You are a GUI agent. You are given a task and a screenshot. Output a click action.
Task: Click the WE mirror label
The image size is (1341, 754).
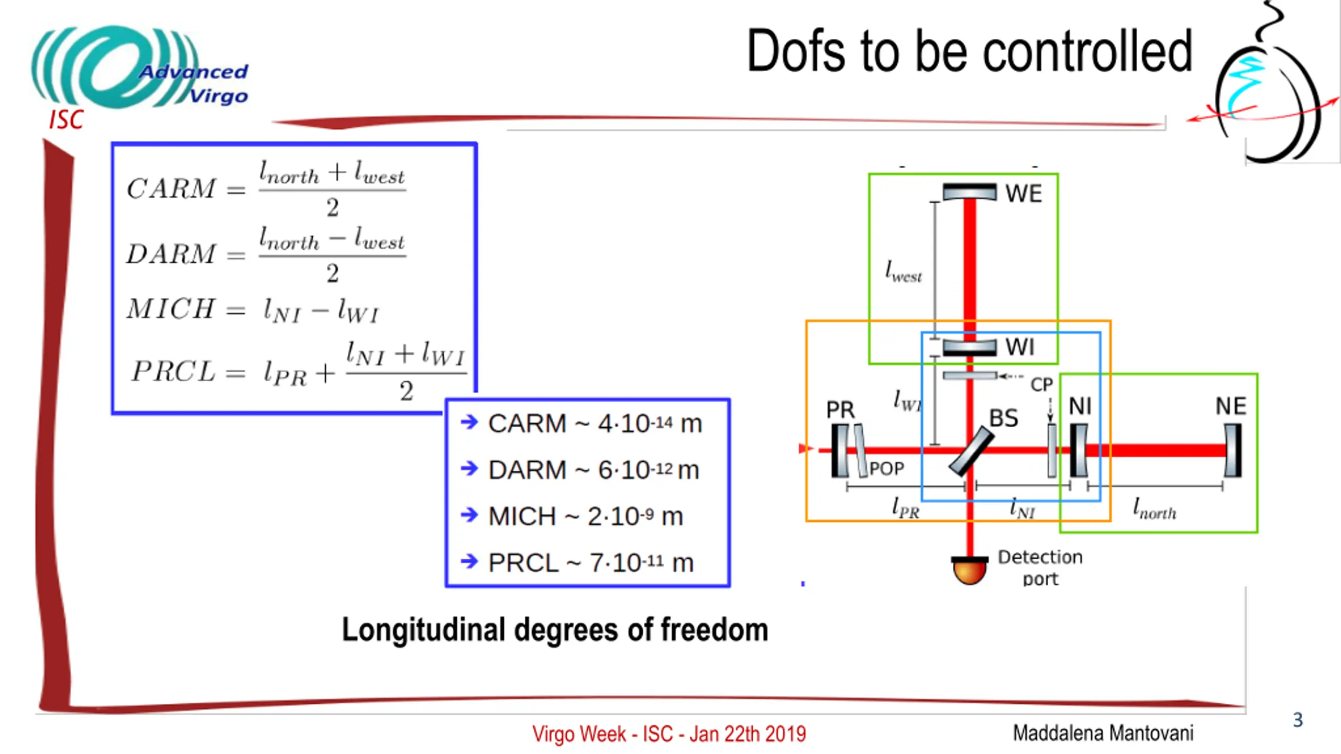coord(1023,194)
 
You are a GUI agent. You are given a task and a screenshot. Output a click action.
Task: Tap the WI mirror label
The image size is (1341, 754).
coord(1020,347)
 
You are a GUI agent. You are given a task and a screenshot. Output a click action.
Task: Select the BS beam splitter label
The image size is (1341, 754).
coord(1003,418)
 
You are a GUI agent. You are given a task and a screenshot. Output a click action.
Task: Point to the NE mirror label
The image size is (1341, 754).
coord(1230,406)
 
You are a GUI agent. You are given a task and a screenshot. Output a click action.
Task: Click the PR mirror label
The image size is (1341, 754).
coord(840,409)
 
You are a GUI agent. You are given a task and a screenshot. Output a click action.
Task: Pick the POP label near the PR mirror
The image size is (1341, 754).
coord(886,469)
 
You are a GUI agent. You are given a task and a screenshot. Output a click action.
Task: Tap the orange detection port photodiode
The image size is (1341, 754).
coord(969,570)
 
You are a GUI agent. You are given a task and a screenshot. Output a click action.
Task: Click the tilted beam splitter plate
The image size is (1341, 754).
coord(971,452)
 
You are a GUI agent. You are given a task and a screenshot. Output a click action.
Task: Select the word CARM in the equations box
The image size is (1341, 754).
coord(171,188)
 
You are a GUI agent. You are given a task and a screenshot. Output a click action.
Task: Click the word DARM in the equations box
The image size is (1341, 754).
coord(171,254)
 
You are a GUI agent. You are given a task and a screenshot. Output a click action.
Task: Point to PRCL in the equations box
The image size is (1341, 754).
coord(173,372)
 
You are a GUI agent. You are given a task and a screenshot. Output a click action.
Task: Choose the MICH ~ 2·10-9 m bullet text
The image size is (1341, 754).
coord(586,517)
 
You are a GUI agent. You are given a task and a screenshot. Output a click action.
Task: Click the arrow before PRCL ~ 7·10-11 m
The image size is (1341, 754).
coord(469,562)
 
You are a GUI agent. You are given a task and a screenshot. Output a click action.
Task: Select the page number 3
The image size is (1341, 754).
coord(1298,720)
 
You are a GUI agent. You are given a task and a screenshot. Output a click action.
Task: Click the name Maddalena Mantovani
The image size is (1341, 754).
coord(1103,733)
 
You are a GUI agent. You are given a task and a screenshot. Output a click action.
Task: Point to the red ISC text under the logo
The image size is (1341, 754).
coord(66,120)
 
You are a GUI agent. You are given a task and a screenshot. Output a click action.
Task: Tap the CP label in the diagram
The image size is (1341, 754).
coord(1041,385)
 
